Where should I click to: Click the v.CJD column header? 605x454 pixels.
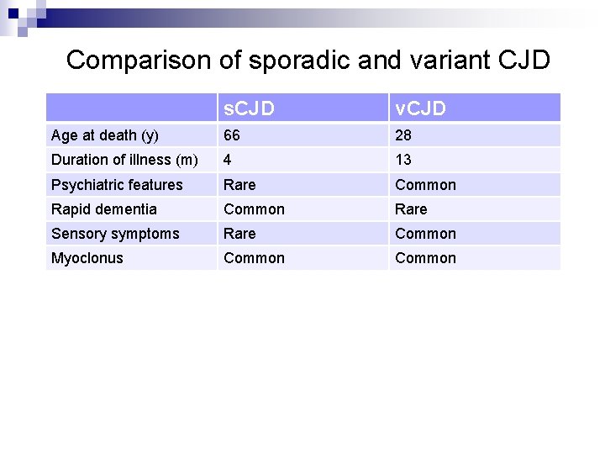pyautogui.click(x=421, y=108)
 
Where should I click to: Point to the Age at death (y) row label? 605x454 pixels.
pyautogui.click(x=105, y=135)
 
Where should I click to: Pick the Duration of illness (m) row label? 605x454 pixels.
pyautogui.click(x=124, y=160)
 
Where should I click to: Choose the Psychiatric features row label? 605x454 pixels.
pyautogui.click(x=117, y=185)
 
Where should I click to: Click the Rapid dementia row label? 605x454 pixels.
pyautogui.click(x=104, y=209)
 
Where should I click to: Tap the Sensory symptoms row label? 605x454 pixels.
pyautogui.click(x=115, y=234)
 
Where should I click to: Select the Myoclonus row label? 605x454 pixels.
pyautogui.click(x=87, y=258)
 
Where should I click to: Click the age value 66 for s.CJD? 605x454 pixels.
pyautogui.click(x=232, y=135)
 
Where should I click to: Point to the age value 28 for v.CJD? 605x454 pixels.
pyautogui.click(x=404, y=135)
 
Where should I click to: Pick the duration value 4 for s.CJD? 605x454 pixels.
pyautogui.click(x=228, y=160)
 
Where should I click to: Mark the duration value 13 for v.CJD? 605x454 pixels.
pyautogui.click(x=403, y=160)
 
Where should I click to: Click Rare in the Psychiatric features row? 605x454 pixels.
pyautogui.click(x=239, y=185)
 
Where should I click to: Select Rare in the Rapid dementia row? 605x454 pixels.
pyautogui.click(x=411, y=209)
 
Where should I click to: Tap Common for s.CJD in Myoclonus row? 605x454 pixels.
pyautogui.click(x=254, y=258)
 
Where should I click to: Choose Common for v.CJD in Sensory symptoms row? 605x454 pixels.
pyautogui.click(x=425, y=234)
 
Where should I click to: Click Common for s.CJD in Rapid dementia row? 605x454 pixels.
pyautogui.click(x=254, y=209)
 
